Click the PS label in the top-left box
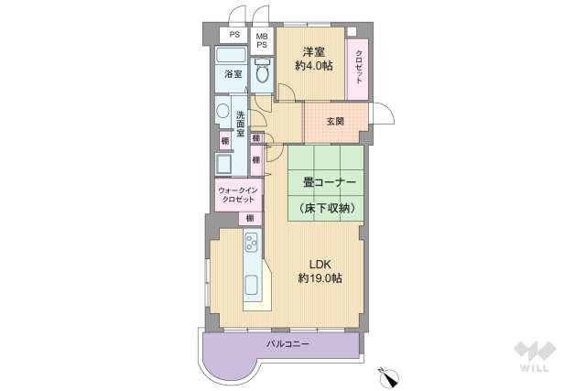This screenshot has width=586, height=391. tap(233, 34)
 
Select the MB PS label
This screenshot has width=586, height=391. tap(262, 40)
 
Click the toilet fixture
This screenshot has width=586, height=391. tap(262, 72)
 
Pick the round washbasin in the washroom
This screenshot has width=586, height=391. tap(222, 112)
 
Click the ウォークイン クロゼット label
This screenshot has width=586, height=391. tap(236, 194)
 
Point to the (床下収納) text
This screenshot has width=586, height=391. tap(328, 209)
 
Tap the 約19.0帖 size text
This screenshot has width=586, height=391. tap(320, 278)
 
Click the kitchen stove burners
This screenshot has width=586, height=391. tap(253, 243)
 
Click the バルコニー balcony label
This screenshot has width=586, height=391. tap(288, 344)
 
